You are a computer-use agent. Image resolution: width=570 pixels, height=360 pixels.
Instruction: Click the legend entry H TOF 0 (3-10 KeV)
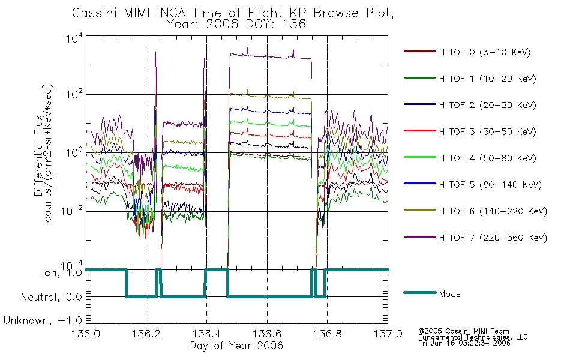click(x=485, y=52)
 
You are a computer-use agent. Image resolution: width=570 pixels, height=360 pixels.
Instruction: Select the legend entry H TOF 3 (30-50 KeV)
click(x=487, y=131)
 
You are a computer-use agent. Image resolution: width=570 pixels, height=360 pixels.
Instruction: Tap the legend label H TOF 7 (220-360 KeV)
click(x=493, y=238)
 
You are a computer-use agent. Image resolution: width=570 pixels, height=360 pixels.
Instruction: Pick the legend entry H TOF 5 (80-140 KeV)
click(x=490, y=185)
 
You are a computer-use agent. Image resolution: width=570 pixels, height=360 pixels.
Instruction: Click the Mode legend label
click(x=449, y=294)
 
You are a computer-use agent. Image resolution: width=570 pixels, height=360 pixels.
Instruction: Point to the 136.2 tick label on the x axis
click(x=146, y=334)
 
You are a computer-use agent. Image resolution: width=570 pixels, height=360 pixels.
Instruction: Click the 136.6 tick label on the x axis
click(x=267, y=334)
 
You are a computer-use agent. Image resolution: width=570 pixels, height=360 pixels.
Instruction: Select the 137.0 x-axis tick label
click(x=388, y=334)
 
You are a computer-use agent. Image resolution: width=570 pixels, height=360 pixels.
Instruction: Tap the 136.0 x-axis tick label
click(x=86, y=334)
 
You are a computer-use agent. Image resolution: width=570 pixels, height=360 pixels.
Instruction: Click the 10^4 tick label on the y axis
click(x=74, y=38)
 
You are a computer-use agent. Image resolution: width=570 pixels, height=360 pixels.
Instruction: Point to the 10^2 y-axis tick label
click(x=74, y=95)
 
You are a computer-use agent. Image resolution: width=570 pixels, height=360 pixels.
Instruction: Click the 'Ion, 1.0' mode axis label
click(x=62, y=272)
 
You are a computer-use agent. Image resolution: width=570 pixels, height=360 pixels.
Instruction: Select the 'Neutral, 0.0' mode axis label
click(x=51, y=297)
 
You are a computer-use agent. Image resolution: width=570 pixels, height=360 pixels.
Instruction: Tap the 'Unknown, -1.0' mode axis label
click(x=43, y=320)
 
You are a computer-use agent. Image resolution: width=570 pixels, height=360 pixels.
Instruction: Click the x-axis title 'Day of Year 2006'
click(x=236, y=346)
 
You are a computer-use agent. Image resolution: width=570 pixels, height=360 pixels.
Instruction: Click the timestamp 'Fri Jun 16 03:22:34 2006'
click(x=464, y=343)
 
